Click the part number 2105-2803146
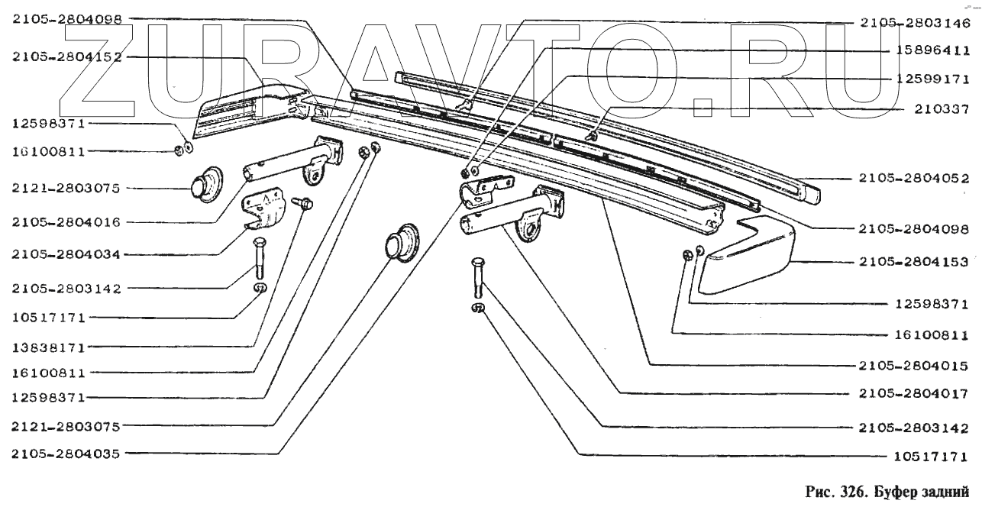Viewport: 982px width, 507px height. point(913,23)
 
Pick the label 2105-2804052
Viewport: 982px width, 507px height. point(913,179)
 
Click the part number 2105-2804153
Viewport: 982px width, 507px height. point(913,261)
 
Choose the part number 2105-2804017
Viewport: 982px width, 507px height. point(913,394)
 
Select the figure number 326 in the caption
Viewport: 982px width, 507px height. point(845,490)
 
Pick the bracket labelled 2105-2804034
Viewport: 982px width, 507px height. point(263,210)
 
